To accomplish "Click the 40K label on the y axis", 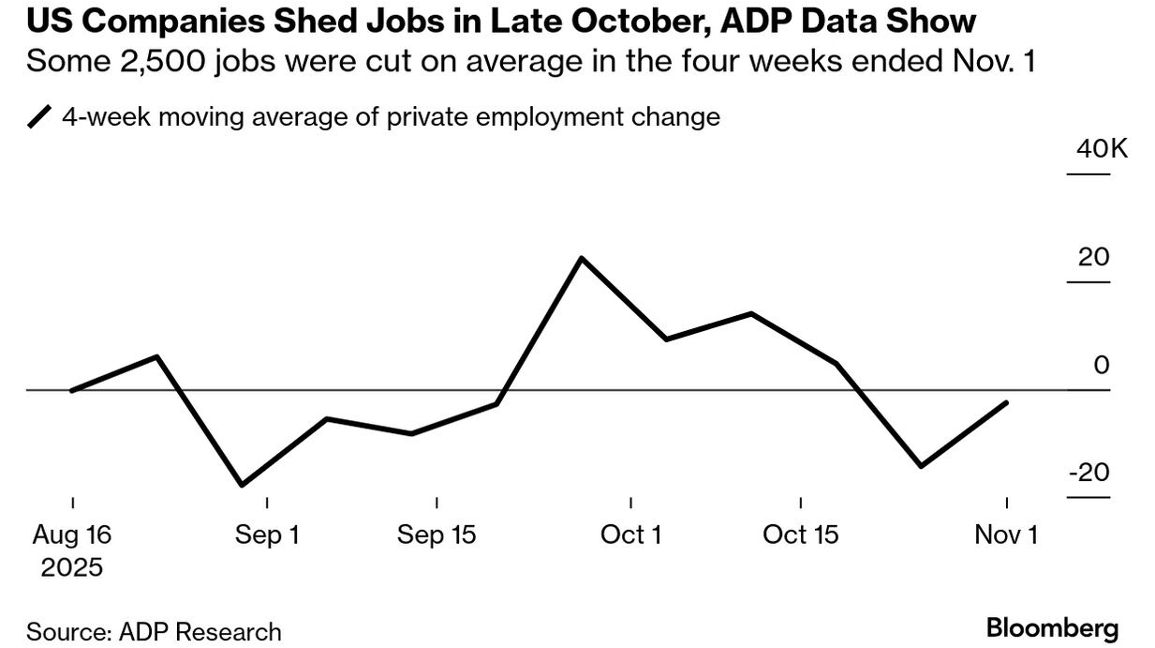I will tap(1102, 148).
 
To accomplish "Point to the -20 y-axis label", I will tap(1088, 473).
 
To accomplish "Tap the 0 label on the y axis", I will tap(1102, 365).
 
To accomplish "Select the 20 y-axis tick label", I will tap(1093, 257).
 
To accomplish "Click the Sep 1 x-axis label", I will tap(267, 535).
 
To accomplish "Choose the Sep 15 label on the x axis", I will tap(437, 535).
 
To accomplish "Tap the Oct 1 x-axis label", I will tap(631, 535).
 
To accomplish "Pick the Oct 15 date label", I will tap(801, 535).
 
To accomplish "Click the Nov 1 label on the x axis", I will tap(1006, 535).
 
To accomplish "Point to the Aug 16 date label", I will tap(72, 535).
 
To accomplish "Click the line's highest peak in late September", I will tap(582, 258).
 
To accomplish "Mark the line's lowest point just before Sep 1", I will tap(242, 485).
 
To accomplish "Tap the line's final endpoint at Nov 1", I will tap(1006, 402).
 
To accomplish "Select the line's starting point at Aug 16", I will tap(72, 390).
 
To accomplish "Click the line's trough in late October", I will tap(922, 465).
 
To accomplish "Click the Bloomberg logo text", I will tap(1052, 628).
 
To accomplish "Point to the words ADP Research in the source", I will tap(200, 632).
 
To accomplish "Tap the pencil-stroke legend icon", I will tap(39, 117).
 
